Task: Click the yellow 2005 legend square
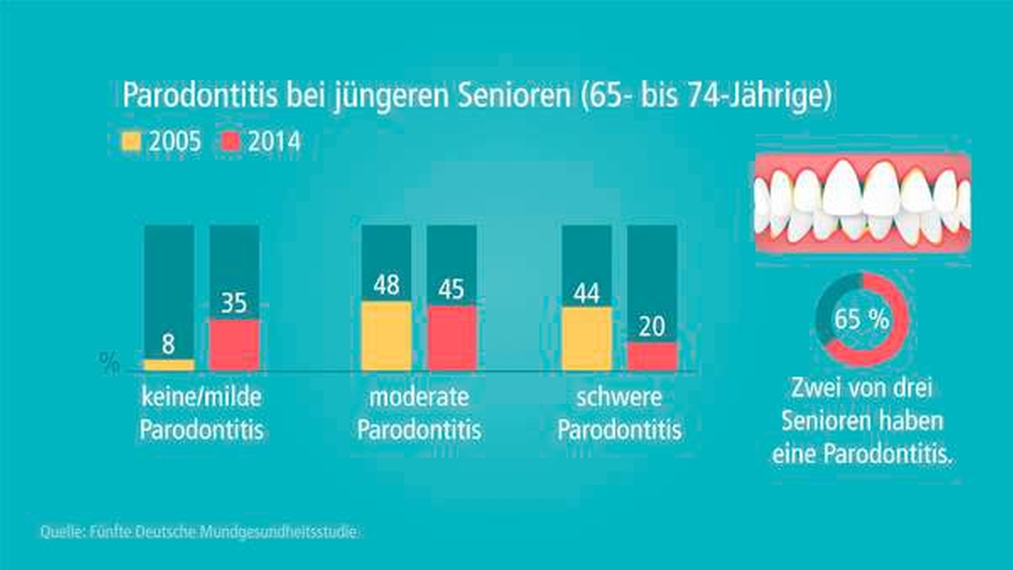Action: pyautogui.click(x=131, y=142)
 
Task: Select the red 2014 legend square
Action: pyautogui.click(x=231, y=142)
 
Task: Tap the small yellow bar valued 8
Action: pyautogui.click(x=169, y=365)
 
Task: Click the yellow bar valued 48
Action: pyautogui.click(x=387, y=336)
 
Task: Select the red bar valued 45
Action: pyautogui.click(x=451, y=338)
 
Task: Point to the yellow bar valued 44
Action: pyautogui.click(x=586, y=338)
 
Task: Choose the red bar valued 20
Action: pyautogui.click(x=652, y=356)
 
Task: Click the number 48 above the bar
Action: pyautogui.click(x=387, y=285)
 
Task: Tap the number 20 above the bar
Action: pyautogui.click(x=652, y=326)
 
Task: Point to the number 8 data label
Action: pyautogui.click(x=168, y=344)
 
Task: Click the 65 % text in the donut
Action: pyautogui.click(x=862, y=319)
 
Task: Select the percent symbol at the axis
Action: pyautogui.click(x=109, y=363)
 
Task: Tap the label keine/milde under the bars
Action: pyautogui.click(x=202, y=397)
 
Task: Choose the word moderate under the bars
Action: pyautogui.click(x=419, y=397)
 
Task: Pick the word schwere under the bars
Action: pyautogui.click(x=619, y=397)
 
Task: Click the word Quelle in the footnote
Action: pyautogui.click(x=60, y=532)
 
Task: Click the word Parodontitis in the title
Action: pyautogui.click(x=200, y=96)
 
